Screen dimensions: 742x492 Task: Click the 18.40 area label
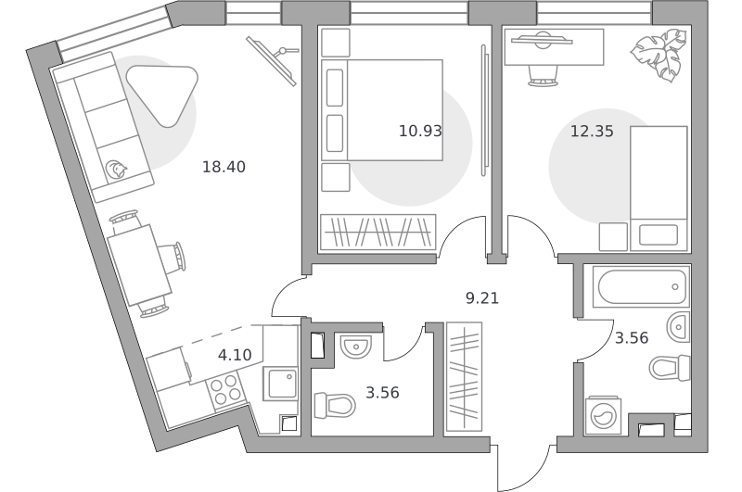(x=224, y=167)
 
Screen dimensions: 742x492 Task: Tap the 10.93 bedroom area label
(x=420, y=131)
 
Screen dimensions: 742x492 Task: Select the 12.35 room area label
(x=592, y=131)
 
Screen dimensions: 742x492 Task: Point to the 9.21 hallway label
(x=482, y=298)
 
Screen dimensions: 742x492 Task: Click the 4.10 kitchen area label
(x=235, y=355)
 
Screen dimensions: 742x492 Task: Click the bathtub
(x=636, y=286)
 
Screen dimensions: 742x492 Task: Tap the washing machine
(x=603, y=415)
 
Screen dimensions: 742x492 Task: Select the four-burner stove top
(x=225, y=389)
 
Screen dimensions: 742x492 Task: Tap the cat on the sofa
(x=117, y=170)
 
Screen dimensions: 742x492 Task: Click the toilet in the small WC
(x=335, y=405)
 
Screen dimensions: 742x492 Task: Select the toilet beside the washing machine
(x=670, y=367)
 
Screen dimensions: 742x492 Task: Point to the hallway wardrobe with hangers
(x=465, y=377)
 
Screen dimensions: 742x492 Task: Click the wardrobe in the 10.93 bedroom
(x=377, y=232)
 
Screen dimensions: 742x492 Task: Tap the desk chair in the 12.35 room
(x=543, y=76)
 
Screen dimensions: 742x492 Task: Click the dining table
(x=140, y=265)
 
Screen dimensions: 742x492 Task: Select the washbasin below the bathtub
(x=679, y=326)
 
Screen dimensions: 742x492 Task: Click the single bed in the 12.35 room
(x=659, y=188)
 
